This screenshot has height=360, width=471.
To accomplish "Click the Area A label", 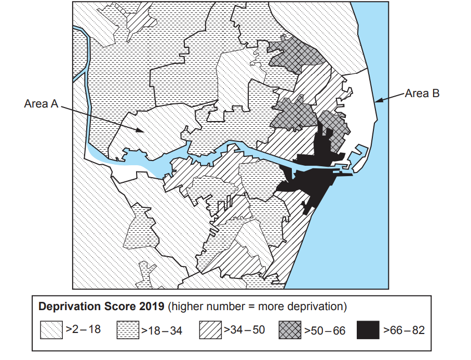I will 41,103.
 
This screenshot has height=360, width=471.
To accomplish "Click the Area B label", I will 422,94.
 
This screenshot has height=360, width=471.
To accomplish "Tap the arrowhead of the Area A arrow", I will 142,131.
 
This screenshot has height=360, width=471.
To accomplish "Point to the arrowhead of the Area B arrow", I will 379,101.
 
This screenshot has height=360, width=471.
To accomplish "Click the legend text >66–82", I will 403,330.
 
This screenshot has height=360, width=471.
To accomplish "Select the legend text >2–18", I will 83,330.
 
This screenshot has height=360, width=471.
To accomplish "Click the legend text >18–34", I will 162,330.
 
